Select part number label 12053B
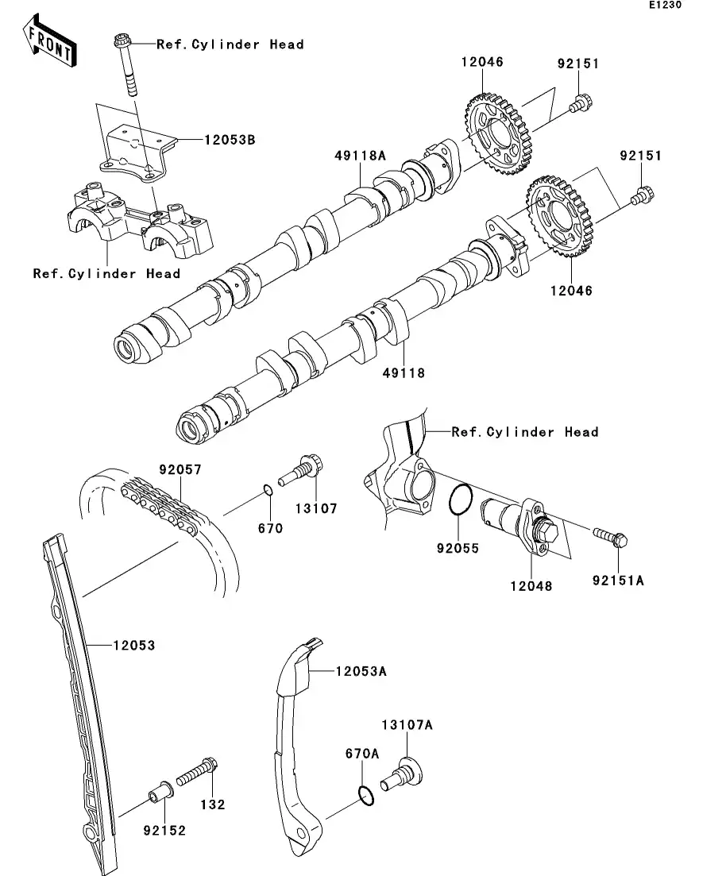229,140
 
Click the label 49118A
358,156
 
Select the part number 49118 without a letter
404,372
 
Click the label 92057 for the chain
179,470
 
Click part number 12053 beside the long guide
133,646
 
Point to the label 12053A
360,671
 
